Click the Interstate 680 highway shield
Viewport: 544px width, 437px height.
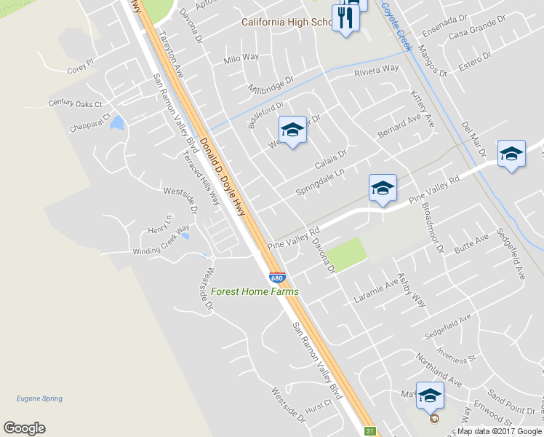coord(276,277)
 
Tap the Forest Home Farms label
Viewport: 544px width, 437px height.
coord(255,292)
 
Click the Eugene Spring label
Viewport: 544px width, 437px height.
coord(39,398)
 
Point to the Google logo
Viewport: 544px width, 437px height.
coord(24,428)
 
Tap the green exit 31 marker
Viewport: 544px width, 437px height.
coord(370,431)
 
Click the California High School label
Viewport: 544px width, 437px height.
coord(287,22)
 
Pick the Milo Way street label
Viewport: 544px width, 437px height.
coord(241,58)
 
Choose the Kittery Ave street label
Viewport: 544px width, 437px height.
coord(423,109)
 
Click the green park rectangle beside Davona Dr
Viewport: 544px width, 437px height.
coord(345,254)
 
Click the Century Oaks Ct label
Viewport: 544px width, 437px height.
coord(76,103)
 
